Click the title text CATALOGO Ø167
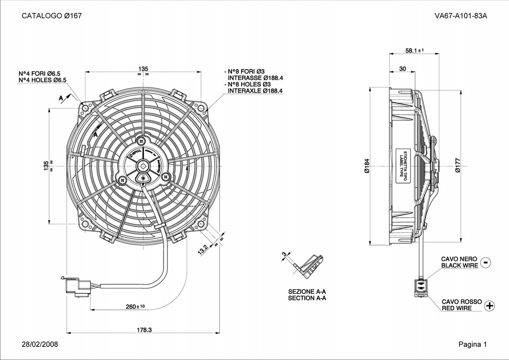[52, 15]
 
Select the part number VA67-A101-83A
[460, 15]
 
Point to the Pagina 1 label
[473, 344]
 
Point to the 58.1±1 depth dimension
[414, 51]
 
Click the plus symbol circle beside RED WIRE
[490, 305]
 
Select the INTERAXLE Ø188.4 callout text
[255, 91]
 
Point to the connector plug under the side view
[421, 288]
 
